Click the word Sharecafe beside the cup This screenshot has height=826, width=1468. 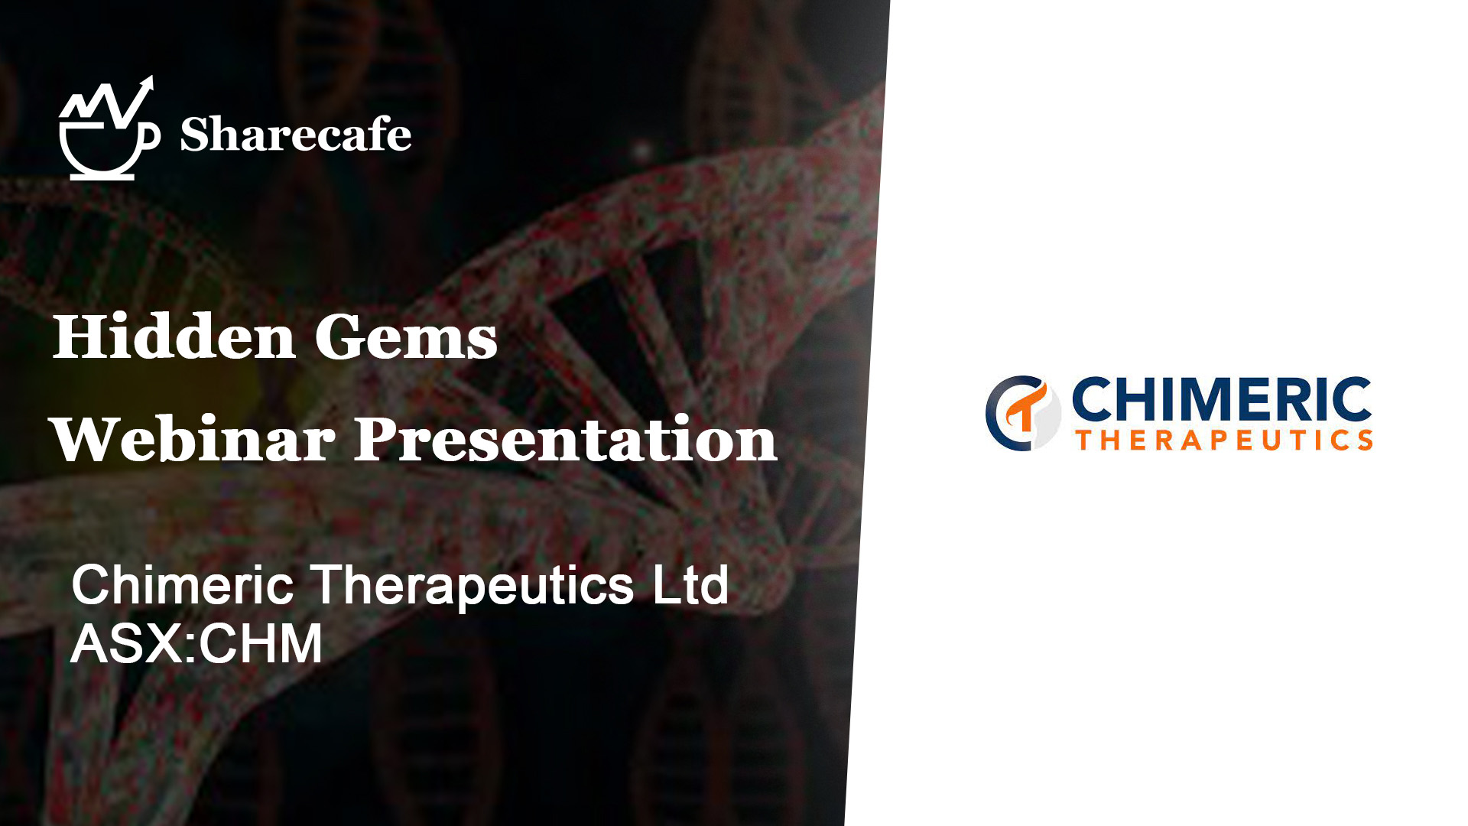pyautogui.click(x=296, y=135)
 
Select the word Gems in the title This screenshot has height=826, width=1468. pyautogui.click(x=406, y=337)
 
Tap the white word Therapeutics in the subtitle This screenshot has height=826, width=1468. pyautogui.click(x=474, y=587)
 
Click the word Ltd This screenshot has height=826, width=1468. pyautogui.click(x=691, y=585)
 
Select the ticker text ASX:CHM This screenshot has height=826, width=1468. pyautogui.click(x=196, y=643)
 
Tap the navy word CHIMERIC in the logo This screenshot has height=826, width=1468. pyautogui.click(x=1222, y=399)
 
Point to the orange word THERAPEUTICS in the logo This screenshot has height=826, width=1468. pyautogui.click(x=1224, y=440)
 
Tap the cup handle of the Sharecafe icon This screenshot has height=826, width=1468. pyautogui.click(x=151, y=137)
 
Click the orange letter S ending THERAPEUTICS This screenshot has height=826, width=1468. pyautogui.click(x=1365, y=440)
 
